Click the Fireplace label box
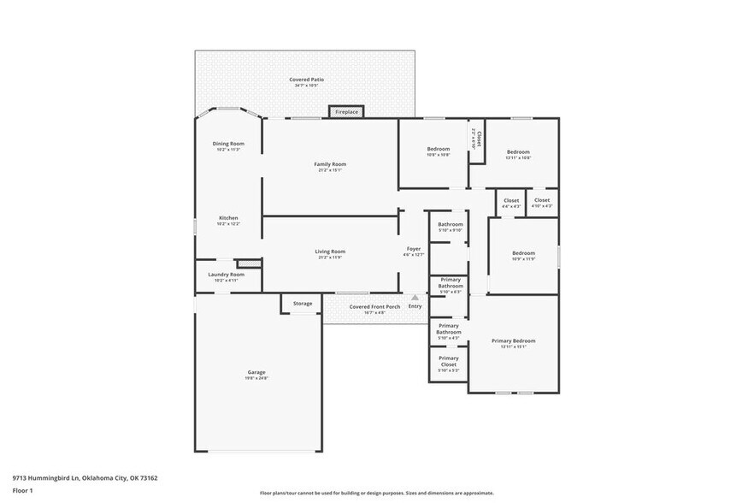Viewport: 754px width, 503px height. [346, 112]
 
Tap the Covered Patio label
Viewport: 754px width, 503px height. [306, 80]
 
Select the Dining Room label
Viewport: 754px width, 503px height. [228, 144]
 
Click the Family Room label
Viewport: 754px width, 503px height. [330, 164]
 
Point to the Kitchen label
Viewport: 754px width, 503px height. [228, 218]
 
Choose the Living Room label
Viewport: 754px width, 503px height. [330, 251]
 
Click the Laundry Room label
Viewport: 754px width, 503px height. [227, 275]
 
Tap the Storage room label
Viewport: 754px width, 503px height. [303, 303]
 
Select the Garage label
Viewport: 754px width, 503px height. [256, 372]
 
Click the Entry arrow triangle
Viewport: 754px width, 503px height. [415, 298]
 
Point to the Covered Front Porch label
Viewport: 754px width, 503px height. [374, 306]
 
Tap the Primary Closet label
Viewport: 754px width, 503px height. [449, 362]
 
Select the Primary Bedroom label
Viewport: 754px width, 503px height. [514, 340]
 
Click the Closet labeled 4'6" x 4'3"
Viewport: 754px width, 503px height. [511, 201]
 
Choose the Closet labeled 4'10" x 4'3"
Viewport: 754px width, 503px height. [542, 201]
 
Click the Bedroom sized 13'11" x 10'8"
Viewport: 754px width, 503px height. [518, 152]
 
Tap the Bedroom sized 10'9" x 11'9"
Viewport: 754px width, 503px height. [523, 253]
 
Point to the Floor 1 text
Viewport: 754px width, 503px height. [22, 490]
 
